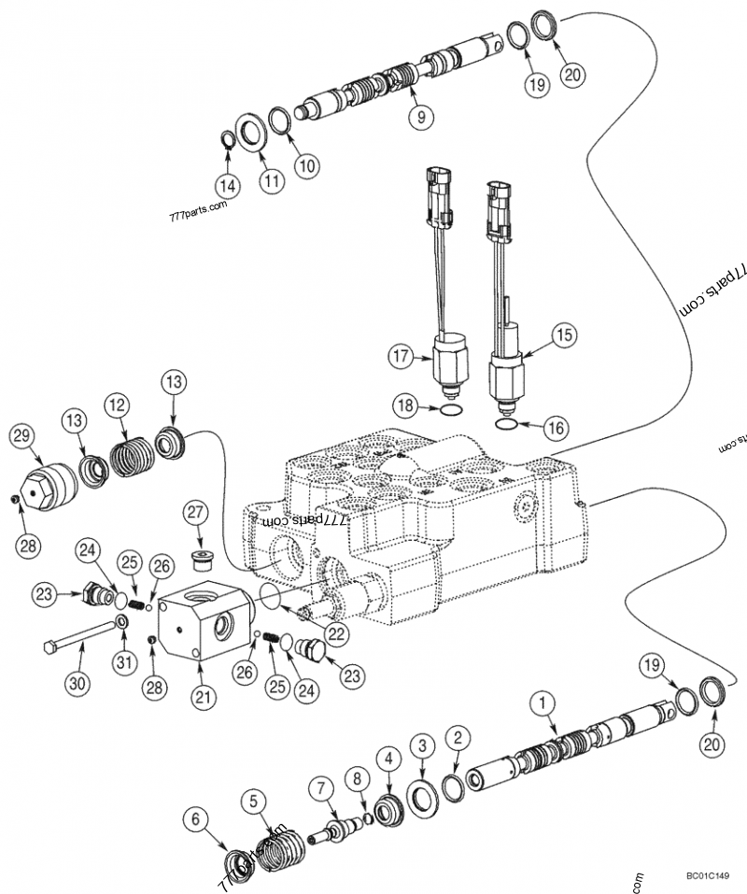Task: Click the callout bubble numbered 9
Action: pyautogui.click(x=420, y=117)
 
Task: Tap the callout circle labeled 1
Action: pyautogui.click(x=539, y=700)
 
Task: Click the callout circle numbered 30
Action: pyautogui.click(x=78, y=683)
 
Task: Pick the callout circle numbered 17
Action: pyautogui.click(x=402, y=355)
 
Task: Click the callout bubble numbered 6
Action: pyautogui.click(x=196, y=819)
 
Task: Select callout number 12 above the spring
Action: pyautogui.click(x=116, y=405)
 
